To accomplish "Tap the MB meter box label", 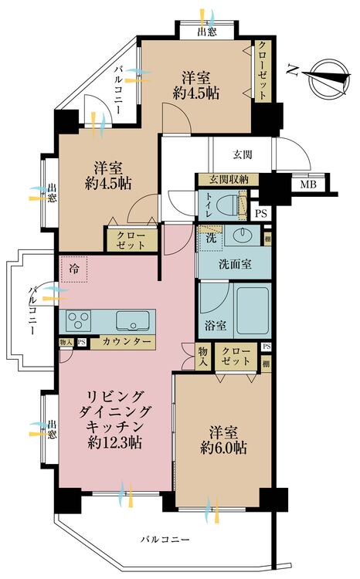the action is pos(308,184).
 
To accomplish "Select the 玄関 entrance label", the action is pos(243,154).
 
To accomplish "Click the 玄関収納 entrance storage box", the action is pos(229,180).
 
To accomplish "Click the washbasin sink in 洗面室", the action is pos(243,236).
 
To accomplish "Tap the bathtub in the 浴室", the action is pos(252,310).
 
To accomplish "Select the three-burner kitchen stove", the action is pos(78,320).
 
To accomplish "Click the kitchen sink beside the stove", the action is pos(133,320).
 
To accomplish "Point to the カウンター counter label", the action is pos(127,342).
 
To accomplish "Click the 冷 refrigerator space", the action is pos(74,269).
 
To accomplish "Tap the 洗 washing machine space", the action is pos(210,238).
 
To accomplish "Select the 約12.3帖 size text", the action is pos(115,442).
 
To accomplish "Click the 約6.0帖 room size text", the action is pos(223,448).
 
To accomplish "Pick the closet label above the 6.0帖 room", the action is pos(236,356).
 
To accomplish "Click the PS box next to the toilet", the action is pos(261,213).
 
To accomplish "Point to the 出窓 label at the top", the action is pos(207,32).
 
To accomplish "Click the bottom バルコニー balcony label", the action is pos(165,540).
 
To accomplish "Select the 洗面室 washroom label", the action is pos(235,264).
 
